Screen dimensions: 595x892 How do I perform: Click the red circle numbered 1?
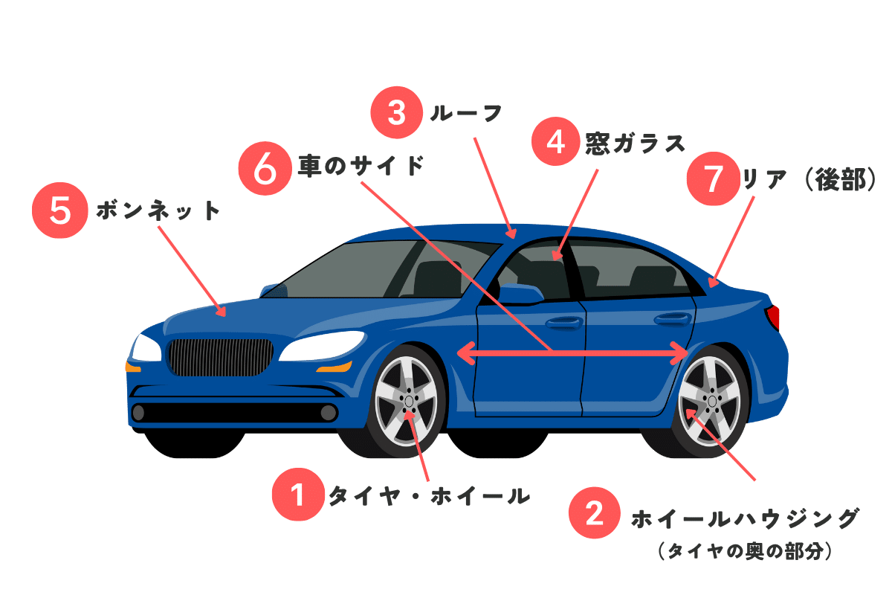[x=298, y=494]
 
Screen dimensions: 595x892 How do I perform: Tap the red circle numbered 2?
[x=594, y=513]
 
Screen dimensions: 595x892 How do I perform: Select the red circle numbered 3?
[x=396, y=113]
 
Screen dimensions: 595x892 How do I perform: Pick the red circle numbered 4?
[x=557, y=143]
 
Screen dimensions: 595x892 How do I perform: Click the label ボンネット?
[x=158, y=211]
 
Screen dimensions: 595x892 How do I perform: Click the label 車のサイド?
[x=361, y=165]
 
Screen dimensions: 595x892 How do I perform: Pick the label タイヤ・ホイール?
[x=429, y=495]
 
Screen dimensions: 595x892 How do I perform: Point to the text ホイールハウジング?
[x=745, y=518]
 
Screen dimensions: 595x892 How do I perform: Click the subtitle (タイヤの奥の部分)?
[x=744, y=551]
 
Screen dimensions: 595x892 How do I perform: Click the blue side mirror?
[x=520, y=294]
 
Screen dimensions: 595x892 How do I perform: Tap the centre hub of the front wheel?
[x=410, y=402]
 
